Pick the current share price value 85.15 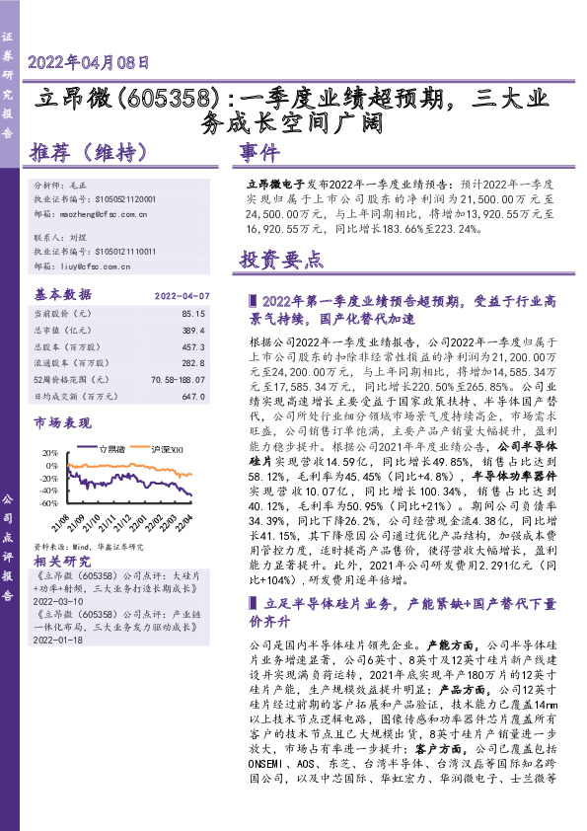pyautogui.click(x=194, y=312)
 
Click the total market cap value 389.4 pyautogui.click(x=194, y=330)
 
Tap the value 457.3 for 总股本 pyautogui.click(x=194, y=346)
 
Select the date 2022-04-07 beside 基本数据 pyautogui.click(x=183, y=294)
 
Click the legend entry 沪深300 pyautogui.click(x=162, y=449)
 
